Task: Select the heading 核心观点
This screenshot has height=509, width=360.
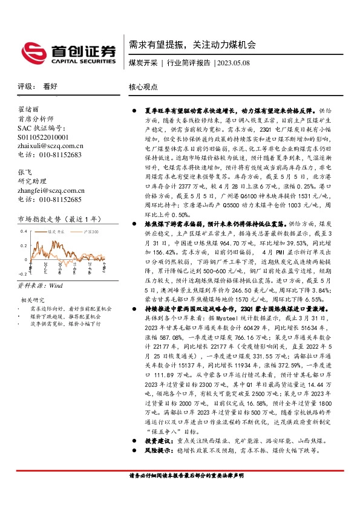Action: (143, 87)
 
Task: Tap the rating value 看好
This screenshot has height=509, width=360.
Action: (50, 86)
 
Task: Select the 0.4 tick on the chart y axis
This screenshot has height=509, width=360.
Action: (24, 232)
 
